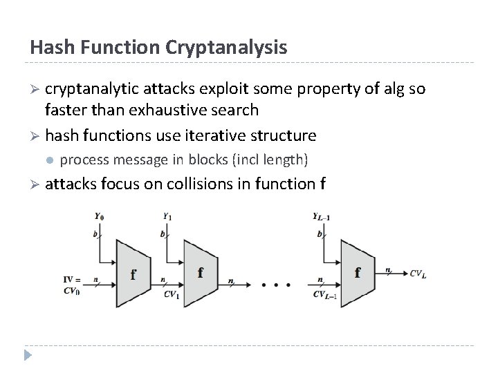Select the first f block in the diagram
tap(133, 274)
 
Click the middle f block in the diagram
tap(200, 272)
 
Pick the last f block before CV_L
tap(357, 272)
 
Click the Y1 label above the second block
tap(167, 216)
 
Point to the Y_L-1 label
tap(322, 216)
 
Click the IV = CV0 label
tap(72, 285)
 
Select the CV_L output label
tap(418, 274)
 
